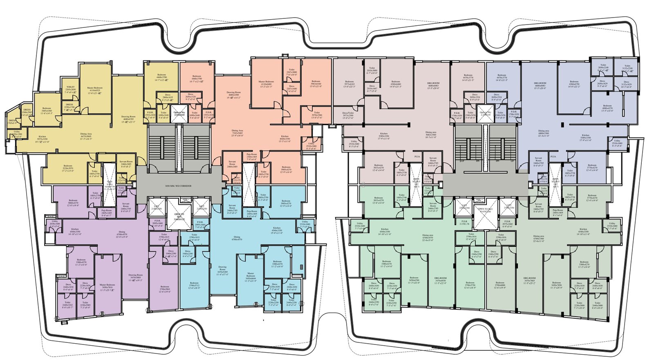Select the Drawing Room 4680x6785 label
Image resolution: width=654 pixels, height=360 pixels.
128,119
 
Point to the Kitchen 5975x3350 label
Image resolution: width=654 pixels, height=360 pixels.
42,138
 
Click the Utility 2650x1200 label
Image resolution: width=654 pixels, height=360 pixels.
17,133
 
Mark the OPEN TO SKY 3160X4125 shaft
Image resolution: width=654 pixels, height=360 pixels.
179,217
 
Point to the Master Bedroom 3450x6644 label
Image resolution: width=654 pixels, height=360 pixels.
251,277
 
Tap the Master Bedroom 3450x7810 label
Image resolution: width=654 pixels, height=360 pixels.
108,287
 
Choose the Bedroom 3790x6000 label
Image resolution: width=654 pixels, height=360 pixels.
500,284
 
